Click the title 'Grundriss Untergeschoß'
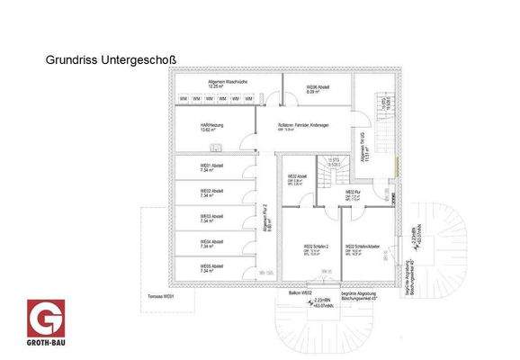pos(111,60)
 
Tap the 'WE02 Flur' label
pos(354,193)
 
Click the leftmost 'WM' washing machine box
pos(184,98)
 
